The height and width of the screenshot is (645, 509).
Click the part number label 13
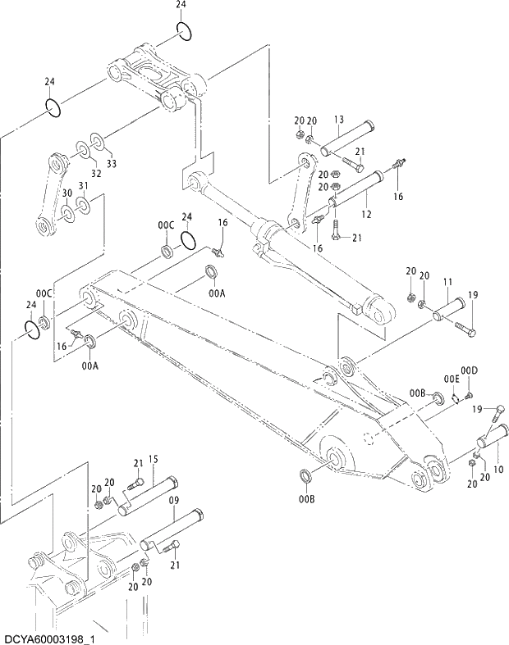coord(339,120)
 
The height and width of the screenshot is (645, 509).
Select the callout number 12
coord(366,215)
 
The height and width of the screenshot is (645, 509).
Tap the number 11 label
coord(447,282)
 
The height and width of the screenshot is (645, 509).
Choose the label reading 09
coord(174,498)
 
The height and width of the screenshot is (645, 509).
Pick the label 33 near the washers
coord(111,163)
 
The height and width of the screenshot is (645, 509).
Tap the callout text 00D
coord(469,371)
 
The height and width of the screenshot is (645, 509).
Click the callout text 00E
coord(452,379)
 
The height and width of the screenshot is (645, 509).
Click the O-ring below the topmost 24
coord(185,32)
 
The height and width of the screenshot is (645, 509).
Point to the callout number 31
coord(83,185)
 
